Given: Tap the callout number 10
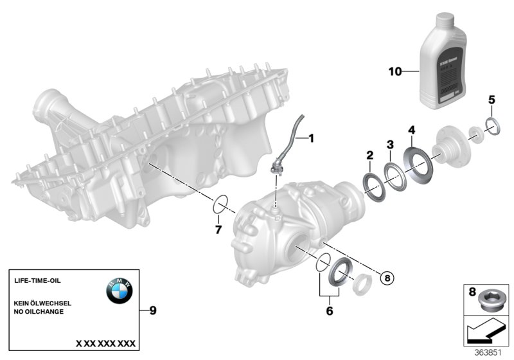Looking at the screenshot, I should [394, 71].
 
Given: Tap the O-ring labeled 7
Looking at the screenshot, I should [219, 206].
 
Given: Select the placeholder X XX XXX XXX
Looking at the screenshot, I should [105, 343].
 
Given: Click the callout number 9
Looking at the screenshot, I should [152, 310].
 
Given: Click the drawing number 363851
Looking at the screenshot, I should [486, 352].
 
